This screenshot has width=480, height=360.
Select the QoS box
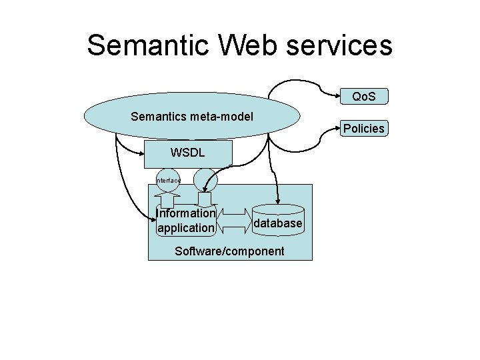(363, 97)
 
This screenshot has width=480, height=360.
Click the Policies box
(363, 129)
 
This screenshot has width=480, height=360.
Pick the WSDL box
(188, 153)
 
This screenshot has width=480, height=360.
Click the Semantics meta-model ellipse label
(192, 117)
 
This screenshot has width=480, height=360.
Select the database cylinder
(278, 223)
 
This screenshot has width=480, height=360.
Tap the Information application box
(185, 221)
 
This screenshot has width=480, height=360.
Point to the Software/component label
(229, 251)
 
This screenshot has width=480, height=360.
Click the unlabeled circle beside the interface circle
(205, 179)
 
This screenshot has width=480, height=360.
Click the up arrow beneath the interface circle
(167, 199)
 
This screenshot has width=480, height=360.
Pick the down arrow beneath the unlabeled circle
(205, 199)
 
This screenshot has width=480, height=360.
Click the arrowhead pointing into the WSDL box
(141, 153)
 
